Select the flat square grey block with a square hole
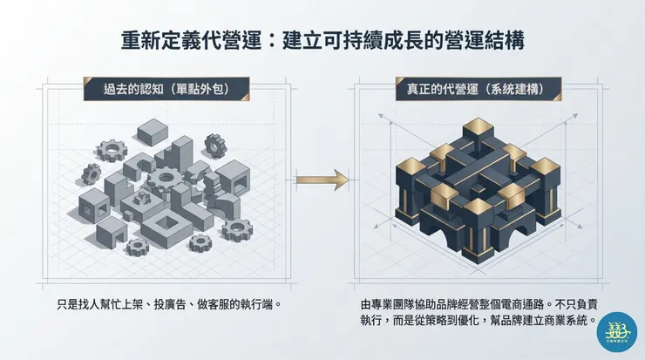[x=166, y=228]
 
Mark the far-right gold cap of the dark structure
[x=544, y=166]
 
